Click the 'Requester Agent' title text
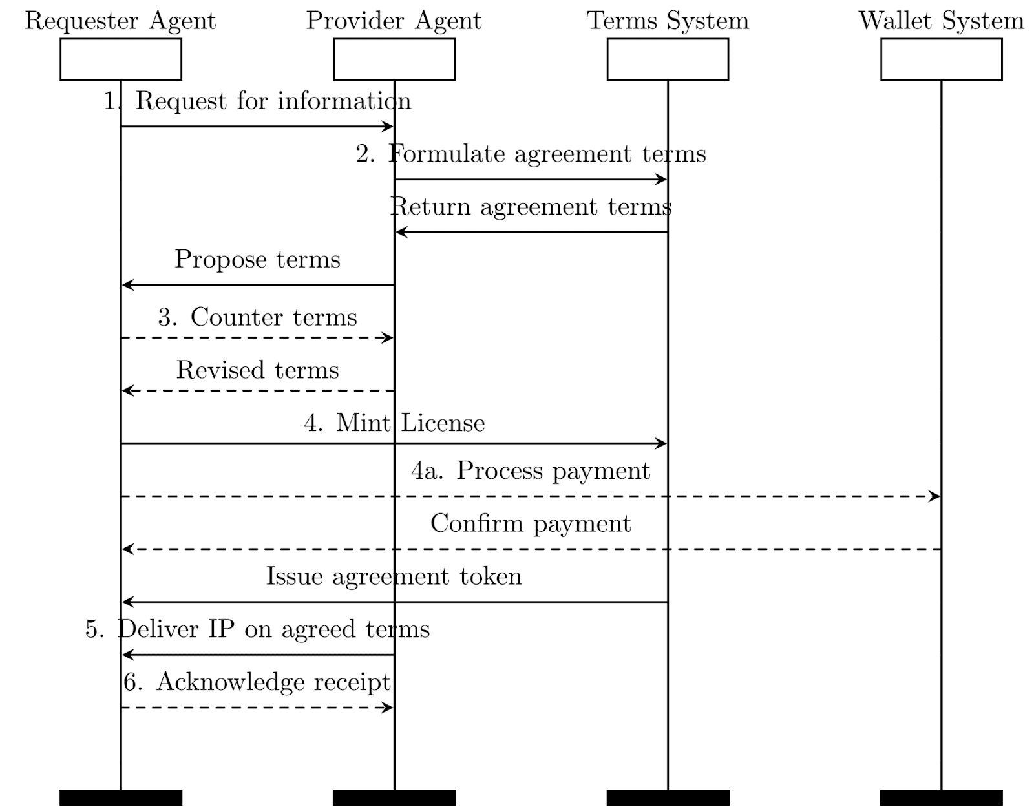120,21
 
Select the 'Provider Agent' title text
394,21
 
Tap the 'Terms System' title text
668,21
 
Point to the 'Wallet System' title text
941,21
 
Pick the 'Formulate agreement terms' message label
531,154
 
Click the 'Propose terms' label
257,260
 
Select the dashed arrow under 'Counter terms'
257,338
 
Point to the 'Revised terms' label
257,370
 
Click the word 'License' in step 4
443,423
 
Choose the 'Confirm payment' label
531,523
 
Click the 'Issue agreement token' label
394,576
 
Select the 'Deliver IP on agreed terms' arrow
257,655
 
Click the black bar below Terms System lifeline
668,798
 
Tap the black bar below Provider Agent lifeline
394,798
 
